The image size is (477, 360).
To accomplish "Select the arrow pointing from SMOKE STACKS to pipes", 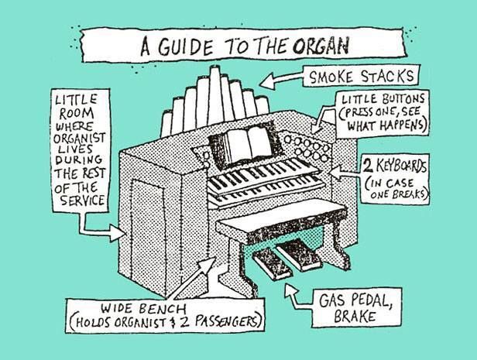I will coord(282,79).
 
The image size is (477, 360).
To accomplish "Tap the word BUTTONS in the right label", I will coord(398,100).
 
